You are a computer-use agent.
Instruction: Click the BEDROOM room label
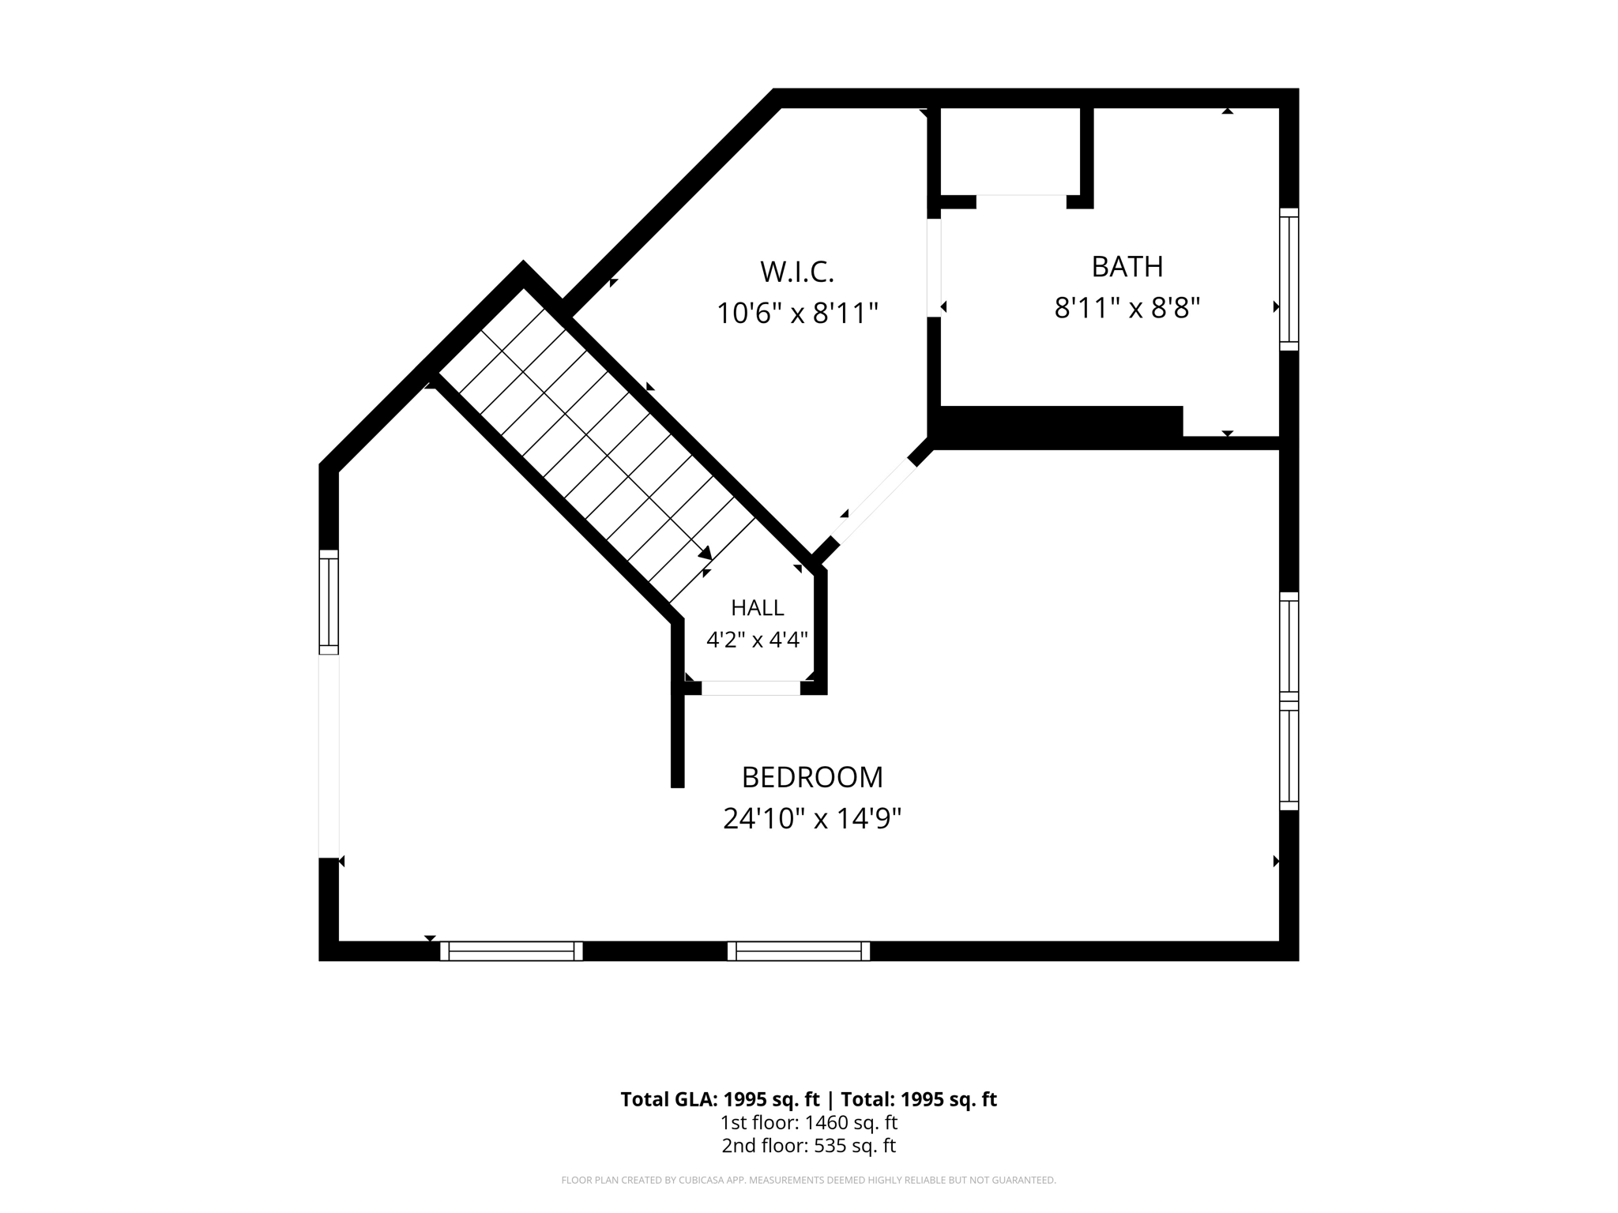[x=812, y=777]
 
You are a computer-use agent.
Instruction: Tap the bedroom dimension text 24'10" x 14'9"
[x=812, y=819]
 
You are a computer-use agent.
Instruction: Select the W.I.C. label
[x=797, y=272]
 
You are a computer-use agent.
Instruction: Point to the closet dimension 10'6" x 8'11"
[x=797, y=314]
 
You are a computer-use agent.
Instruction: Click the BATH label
[x=1127, y=267]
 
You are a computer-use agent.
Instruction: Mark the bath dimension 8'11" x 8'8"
[x=1127, y=308]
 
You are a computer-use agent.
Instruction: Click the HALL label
[x=758, y=607]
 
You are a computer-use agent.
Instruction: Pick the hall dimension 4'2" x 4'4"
[x=757, y=639]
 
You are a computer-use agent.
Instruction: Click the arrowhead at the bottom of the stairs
[x=706, y=554]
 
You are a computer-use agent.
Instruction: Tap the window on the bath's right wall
[x=1289, y=279]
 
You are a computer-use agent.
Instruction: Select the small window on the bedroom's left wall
[x=329, y=602]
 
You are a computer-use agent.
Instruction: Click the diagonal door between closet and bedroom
[x=873, y=502]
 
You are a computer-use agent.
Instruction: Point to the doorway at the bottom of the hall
[x=751, y=688]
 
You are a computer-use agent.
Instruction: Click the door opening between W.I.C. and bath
[x=934, y=268]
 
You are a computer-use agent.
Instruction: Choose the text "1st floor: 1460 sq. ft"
[x=809, y=1122]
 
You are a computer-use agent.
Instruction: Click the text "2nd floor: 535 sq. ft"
[x=809, y=1146]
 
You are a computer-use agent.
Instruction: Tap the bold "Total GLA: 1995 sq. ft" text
[x=720, y=1099]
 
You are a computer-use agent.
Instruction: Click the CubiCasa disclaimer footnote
[x=809, y=1181]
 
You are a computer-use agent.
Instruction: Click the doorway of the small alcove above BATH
[x=1022, y=201]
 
